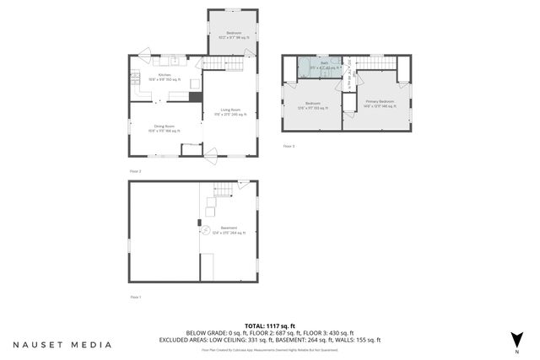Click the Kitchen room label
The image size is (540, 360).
pyautogui.click(x=165, y=76)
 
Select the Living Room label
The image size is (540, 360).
pyautogui.click(x=231, y=111)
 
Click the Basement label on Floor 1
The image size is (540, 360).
pyautogui.click(x=229, y=228)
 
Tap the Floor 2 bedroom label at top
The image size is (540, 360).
pyautogui.click(x=234, y=35)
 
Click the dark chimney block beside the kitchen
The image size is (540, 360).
pyautogui.click(x=196, y=96)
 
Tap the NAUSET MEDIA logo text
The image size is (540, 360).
pyautogui.click(x=62, y=344)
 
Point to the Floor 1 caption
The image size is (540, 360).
pyautogui.click(x=135, y=297)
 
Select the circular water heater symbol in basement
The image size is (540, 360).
pyautogui.click(x=204, y=228)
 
